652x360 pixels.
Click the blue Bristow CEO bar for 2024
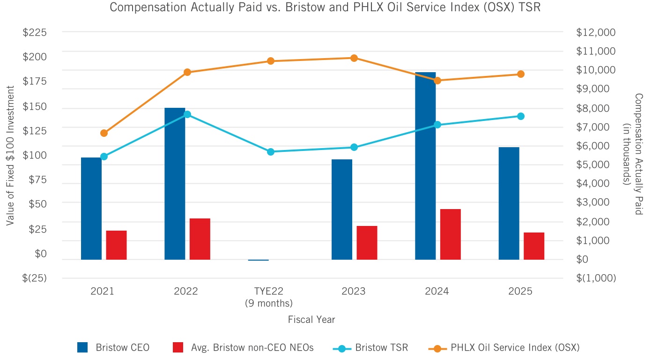425,166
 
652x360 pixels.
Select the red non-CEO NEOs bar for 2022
200,239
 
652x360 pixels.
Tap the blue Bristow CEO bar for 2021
91,209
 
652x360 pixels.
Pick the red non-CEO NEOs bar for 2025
534,246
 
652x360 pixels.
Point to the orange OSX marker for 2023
354,58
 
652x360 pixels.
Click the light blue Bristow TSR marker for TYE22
271,152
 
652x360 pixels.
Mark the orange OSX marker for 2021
104,133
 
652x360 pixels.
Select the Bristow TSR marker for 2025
521,116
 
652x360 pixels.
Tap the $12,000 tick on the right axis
596,32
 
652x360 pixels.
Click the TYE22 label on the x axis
268,292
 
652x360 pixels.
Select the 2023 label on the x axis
353,292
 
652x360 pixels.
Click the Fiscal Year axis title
311,320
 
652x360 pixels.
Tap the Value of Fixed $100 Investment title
10,155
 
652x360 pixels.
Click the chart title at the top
326,8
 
